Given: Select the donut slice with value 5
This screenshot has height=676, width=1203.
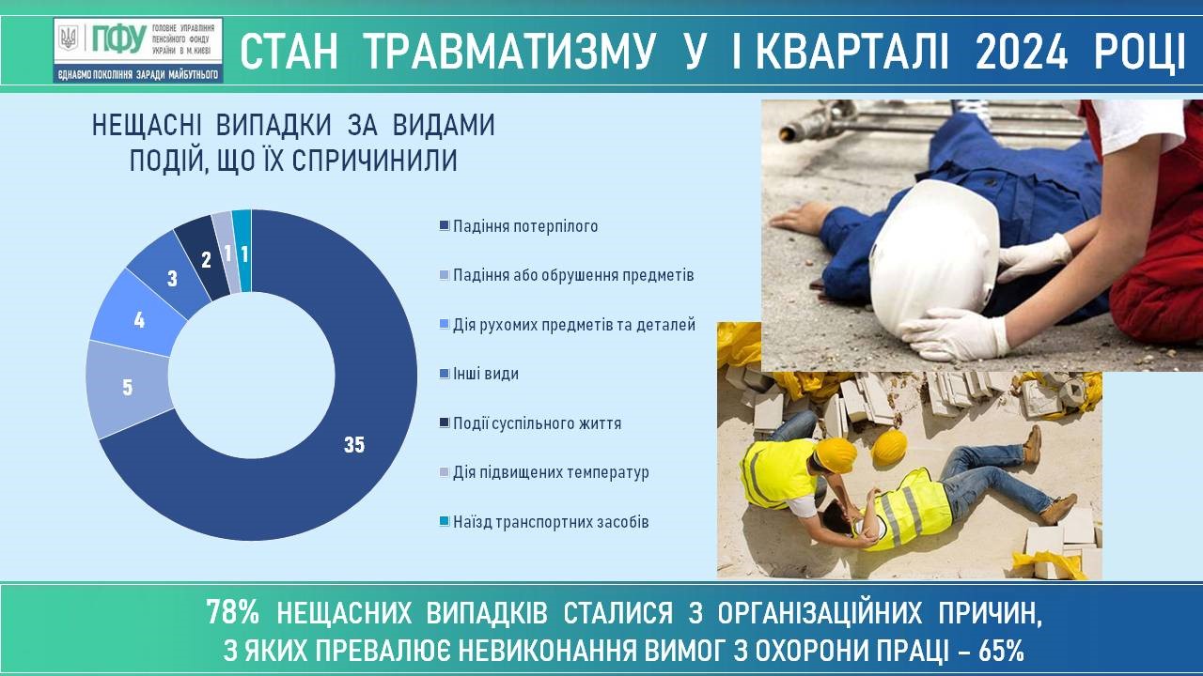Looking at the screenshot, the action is point(128,388).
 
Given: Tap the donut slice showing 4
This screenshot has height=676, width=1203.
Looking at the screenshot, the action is point(140,320).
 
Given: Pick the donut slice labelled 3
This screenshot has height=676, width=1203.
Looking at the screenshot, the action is point(172,279).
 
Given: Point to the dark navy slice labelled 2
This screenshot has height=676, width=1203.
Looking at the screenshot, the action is point(205,260).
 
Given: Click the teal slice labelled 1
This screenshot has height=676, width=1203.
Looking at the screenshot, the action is point(244,253).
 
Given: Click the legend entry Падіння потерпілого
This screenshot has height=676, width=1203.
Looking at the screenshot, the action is point(519,226).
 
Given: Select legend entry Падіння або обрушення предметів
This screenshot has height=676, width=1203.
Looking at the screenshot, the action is point(567,276).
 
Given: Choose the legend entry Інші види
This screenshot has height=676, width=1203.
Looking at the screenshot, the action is point(479,374).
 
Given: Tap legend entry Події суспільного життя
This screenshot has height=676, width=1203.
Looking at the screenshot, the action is point(530,423).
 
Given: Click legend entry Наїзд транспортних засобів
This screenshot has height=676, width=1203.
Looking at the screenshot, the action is point(544,522).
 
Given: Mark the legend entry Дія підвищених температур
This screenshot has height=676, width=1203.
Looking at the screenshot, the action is point(544,472).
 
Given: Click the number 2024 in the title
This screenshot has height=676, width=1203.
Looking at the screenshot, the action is point(1021,52).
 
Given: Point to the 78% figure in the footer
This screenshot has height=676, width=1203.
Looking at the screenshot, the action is point(232,613).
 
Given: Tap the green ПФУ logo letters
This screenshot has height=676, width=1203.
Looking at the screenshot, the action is point(119,38).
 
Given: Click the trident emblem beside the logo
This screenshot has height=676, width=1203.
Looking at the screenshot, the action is point(69,38).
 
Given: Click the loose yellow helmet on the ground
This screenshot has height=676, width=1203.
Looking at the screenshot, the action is point(889,446).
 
